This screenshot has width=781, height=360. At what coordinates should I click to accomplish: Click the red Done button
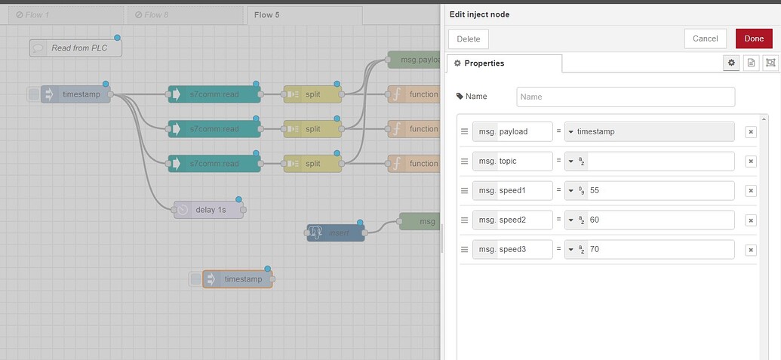pyautogui.click(x=754, y=38)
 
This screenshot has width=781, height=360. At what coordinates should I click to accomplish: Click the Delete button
pyautogui.click(x=469, y=38)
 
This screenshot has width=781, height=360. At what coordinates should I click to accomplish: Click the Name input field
pyautogui.click(x=625, y=97)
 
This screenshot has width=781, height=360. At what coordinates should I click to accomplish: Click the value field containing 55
pyautogui.click(x=660, y=190)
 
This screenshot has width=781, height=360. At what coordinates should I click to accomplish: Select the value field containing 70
pyautogui.click(x=660, y=249)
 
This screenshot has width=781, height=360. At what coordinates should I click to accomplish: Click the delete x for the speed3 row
pyautogui.click(x=750, y=250)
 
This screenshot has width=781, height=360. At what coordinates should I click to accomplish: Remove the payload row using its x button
pyautogui.click(x=750, y=132)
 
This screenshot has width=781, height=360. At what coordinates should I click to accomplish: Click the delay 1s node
pyautogui.click(x=209, y=209)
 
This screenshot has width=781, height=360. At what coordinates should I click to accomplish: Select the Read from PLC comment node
pyautogui.click(x=75, y=48)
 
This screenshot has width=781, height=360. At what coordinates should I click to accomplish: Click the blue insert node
pyautogui.click(x=336, y=232)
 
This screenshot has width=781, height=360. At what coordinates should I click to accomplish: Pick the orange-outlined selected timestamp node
pyautogui.click(x=237, y=279)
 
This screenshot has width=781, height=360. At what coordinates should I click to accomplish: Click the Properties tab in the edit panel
pyautogui.click(x=504, y=63)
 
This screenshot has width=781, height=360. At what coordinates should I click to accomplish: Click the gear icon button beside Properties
pyautogui.click(x=730, y=63)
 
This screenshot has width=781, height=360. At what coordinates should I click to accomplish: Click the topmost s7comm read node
pyautogui.click(x=214, y=94)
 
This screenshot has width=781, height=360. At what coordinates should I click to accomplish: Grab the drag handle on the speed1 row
pyautogui.click(x=464, y=190)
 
